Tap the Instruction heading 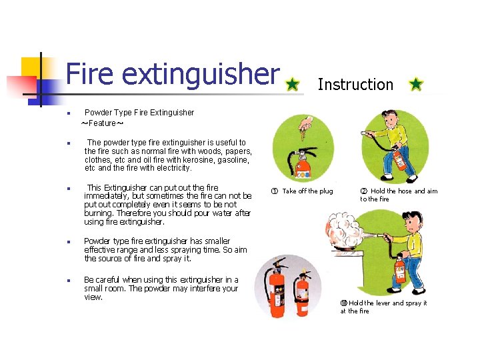click(x=355, y=85)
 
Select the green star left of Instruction click(x=292, y=85)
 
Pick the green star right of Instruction click(x=415, y=85)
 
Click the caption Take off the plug click(x=307, y=191)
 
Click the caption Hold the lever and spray click(x=387, y=303)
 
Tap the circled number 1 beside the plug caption click(x=275, y=191)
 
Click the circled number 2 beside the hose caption click(x=364, y=191)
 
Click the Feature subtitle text click(x=102, y=123)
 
